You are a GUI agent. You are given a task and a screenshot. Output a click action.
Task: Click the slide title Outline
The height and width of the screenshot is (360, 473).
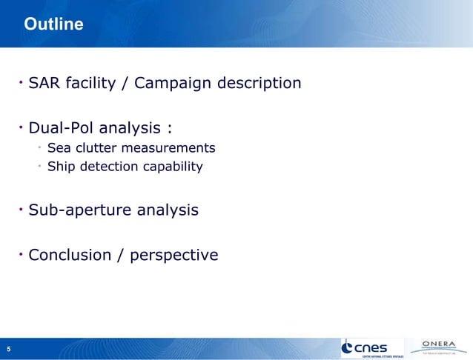53,25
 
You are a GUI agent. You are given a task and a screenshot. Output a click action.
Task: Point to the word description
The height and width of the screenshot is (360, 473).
259,83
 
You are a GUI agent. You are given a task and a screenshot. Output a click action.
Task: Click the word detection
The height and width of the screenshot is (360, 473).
107,166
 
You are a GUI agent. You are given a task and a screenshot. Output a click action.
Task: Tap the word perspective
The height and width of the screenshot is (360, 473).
173,256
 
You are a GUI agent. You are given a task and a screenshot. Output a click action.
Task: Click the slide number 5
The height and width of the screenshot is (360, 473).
9,349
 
